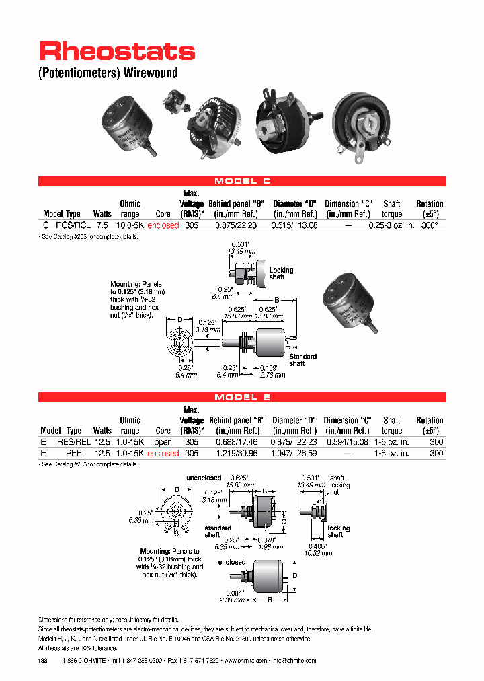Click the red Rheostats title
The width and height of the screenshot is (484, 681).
click(117, 52)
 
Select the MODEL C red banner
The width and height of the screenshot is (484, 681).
click(242, 181)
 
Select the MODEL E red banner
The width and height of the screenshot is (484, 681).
click(242, 398)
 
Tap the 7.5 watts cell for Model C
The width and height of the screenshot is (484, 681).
click(102, 226)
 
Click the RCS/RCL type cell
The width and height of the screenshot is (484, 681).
click(71, 226)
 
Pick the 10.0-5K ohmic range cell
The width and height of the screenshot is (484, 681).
click(130, 226)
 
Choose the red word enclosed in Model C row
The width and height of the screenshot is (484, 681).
click(163, 226)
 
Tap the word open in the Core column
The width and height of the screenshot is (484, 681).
click(163, 443)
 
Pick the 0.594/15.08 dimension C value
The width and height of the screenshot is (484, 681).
click(347, 443)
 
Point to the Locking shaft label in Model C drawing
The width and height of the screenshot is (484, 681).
click(281, 273)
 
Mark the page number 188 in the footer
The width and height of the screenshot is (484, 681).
click(44, 661)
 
